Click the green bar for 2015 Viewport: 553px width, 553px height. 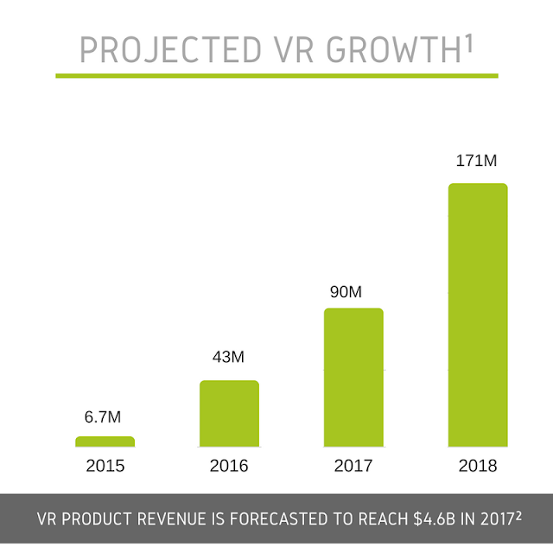coord(105,442)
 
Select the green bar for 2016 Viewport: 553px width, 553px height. coord(229,413)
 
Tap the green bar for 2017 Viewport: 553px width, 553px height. coord(353,377)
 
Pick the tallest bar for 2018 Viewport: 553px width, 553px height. coord(478,315)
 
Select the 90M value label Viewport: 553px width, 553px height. coord(346,292)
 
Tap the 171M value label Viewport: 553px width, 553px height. coord(478,161)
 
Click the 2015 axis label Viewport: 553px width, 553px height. coord(105,467)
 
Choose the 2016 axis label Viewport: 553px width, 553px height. coord(229,467)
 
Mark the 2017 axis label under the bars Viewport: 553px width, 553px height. coord(353,467)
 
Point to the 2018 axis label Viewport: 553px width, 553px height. coord(478,467)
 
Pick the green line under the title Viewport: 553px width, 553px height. coord(276,75)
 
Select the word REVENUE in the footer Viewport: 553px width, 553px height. coord(176,521)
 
